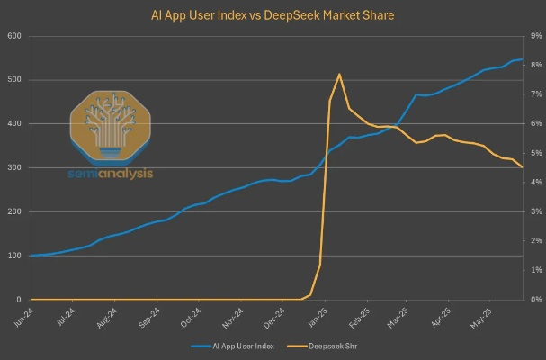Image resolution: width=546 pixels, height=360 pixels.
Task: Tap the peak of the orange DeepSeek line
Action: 339,74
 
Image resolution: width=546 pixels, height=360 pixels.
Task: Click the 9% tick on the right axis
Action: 534,36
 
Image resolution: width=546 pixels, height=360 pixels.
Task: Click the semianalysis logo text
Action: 112,174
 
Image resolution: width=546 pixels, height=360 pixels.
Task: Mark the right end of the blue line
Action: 523,59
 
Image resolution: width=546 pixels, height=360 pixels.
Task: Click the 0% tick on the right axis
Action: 534,300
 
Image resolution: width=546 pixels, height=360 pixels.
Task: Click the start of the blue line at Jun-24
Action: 31,256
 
